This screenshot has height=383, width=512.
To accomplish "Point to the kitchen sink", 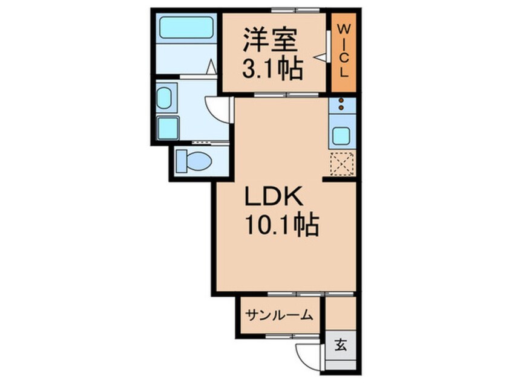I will (x=341, y=137).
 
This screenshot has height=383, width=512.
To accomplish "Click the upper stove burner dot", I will (x=341, y=100).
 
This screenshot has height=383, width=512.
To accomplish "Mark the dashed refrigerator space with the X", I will (x=341, y=163).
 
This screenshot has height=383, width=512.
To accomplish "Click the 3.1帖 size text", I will (x=272, y=71).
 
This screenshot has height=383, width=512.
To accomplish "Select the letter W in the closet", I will (x=343, y=29).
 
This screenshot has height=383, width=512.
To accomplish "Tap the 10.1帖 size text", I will (x=282, y=226).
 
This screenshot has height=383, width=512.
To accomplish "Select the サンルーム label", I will (x=279, y=314).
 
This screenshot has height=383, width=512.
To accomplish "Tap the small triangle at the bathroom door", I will (x=211, y=67).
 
